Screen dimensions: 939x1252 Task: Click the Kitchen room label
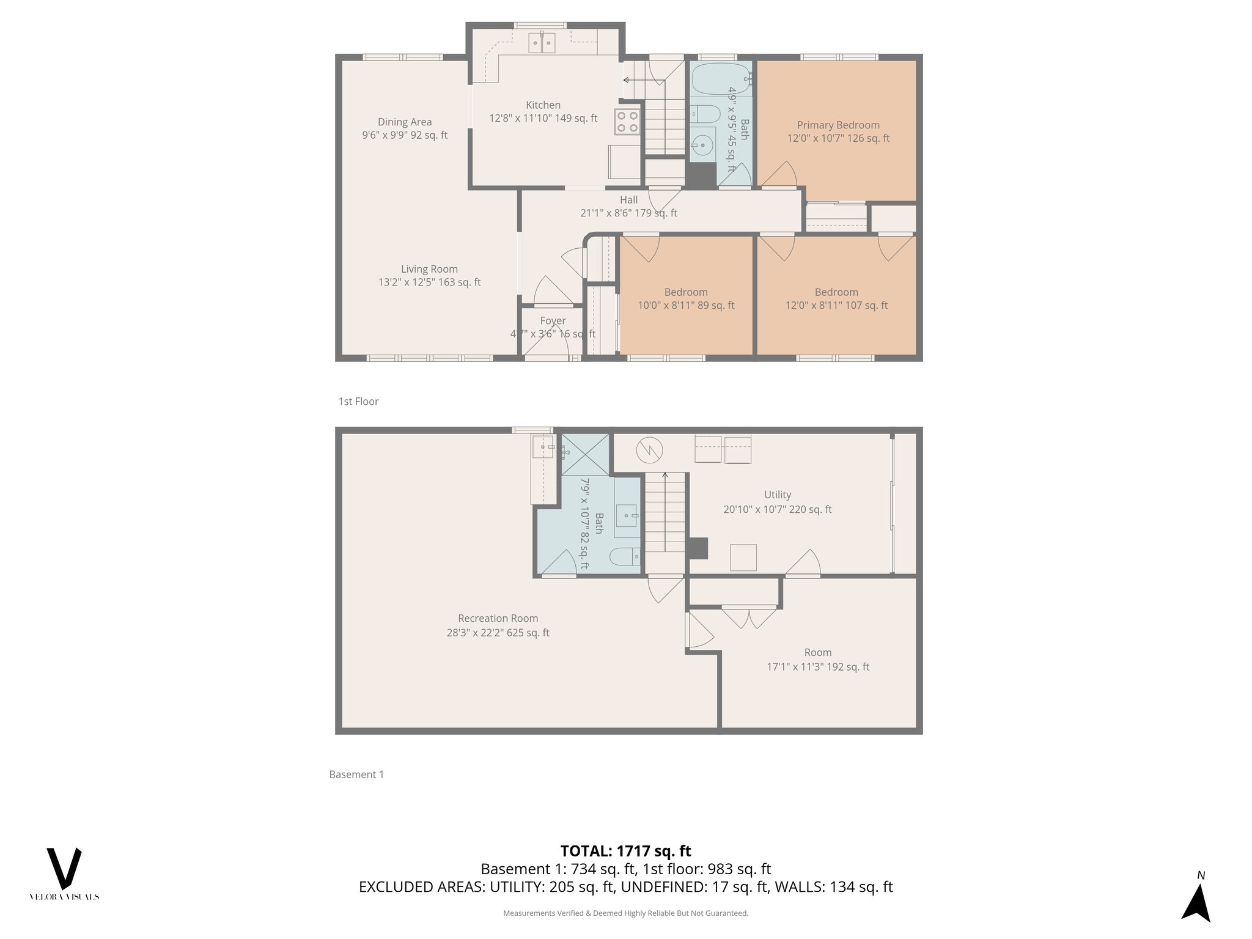pyautogui.click(x=543, y=105)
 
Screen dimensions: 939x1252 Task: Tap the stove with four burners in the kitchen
pyautogui.click(x=627, y=121)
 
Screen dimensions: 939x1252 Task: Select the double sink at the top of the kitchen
pyautogui.click(x=542, y=42)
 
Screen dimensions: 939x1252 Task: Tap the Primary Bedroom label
pyautogui.click(x=838, y=125)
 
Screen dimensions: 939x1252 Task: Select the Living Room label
pyautogui.click(x=429, y=269)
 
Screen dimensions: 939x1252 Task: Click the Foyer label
pyautogui.click(x=553, y=321)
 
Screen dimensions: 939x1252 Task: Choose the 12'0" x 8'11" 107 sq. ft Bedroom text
pyautogui.click(x=836, y=306)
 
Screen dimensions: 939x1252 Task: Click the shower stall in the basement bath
pyautogui.click(x=585, y=454)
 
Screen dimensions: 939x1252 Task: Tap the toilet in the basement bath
pyautogui.click(x=624, y=557)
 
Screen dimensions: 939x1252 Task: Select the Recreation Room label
pyautogui.click(x=498, y=619)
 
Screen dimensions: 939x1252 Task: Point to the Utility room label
pyautogui.click(x=777, y=495)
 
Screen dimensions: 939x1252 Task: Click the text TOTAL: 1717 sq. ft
pyautogui.click(x=625, y=851)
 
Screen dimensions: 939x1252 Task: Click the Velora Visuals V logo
pyautogui.click(x=64, y=869)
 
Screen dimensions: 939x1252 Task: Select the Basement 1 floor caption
pyautogui.click(x=356, y=775)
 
